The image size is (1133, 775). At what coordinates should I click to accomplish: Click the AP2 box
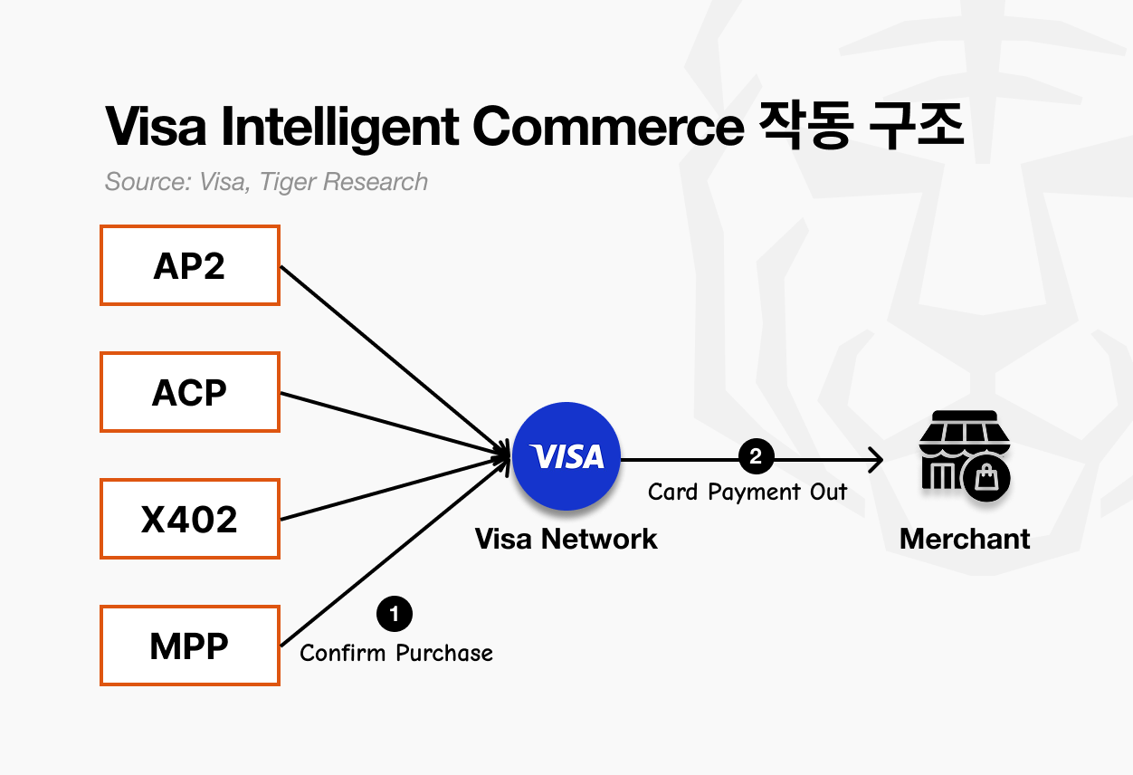coord(189,265)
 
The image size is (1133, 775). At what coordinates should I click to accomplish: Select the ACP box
coord(189,392)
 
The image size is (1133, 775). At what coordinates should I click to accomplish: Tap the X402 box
coord(189,519)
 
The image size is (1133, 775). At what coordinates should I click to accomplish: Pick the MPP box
coord(189,646)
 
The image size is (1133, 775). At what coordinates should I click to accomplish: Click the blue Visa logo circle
coord(566,456)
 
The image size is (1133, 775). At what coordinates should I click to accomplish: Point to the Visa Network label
coord(566,539)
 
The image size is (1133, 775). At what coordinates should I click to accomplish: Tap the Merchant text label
coord(965,539)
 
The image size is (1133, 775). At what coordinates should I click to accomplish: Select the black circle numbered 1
coord(394,615)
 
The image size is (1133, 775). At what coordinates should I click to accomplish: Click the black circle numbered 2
coord(756,456)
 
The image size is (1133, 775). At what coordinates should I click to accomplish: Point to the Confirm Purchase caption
coord(396,653)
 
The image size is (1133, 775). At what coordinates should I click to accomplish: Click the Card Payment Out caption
coord(747,492)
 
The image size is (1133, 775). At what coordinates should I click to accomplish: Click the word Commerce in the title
coord(606,128)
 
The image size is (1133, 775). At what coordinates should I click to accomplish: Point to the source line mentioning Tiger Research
coord(266,181)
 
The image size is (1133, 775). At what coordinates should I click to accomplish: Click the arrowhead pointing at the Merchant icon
coord(876,460)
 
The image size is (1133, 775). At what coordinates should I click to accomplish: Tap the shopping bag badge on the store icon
coord(986,477)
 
